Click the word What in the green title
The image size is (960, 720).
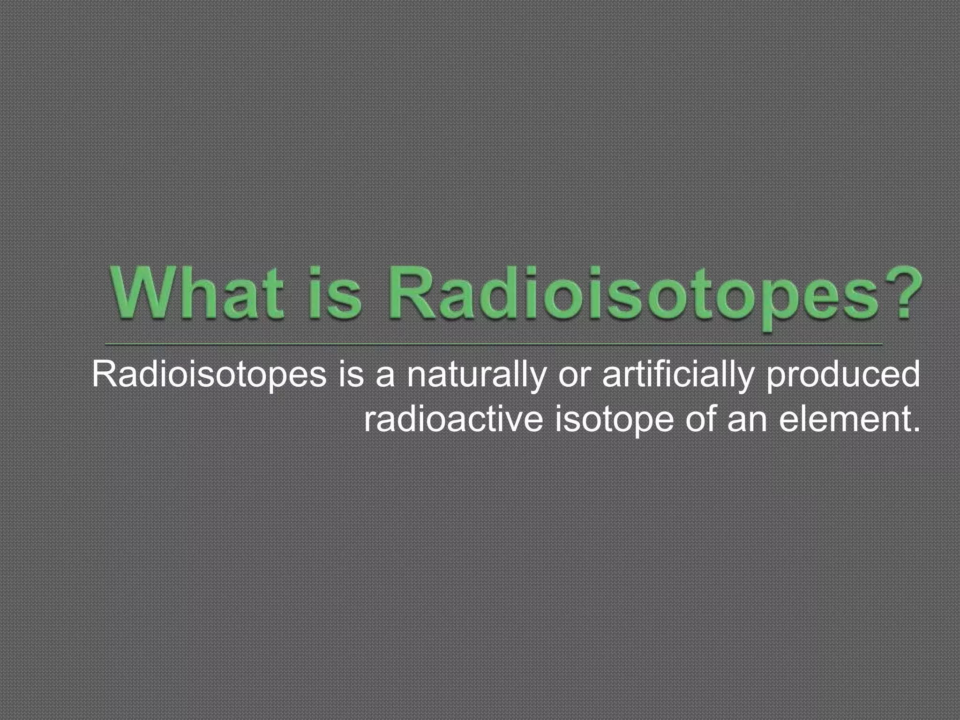point(197,291)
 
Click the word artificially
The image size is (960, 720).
point(678,375)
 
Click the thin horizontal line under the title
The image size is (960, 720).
point(492,344)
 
